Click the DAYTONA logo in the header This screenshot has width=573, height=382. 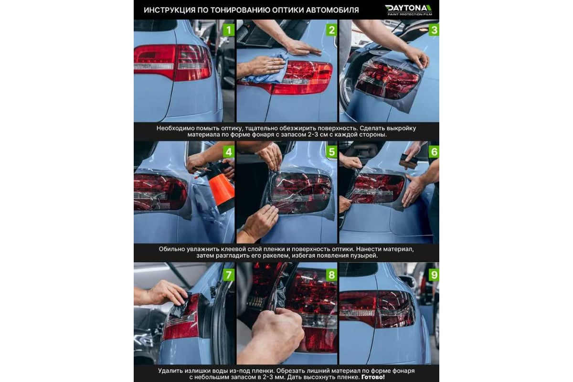click(x=409, y=10)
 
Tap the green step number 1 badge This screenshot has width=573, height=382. click(x=229, y=30)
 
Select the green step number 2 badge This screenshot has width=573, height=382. click(x=331, y=30)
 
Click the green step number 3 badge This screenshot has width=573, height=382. click(x=434, y=30)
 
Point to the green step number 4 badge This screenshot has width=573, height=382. click(x=229, y=152)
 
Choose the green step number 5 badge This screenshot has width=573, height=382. click(x=331, y=152)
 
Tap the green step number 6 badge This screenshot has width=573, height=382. click(x=434, y=152)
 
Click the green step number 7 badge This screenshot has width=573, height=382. click(x=229, y=275)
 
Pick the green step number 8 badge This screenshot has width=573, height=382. click(x=331, y=275)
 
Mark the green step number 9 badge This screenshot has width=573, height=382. click(x=434, y=275)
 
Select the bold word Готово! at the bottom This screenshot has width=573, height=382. click(x=373, y=377)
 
